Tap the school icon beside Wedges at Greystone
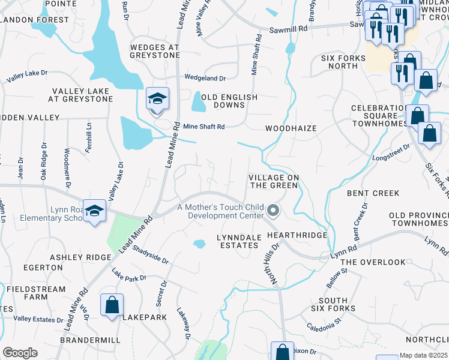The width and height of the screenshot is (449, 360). (157, 99)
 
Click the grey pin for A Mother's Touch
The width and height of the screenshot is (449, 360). (273, 211)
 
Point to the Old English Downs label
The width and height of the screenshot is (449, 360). (229, 101)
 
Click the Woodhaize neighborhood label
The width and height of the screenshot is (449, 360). (291, 128)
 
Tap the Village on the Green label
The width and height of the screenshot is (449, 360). (273, 181)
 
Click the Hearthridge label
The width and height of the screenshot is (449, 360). (297, 235)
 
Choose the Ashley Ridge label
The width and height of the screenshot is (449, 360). (80, 257)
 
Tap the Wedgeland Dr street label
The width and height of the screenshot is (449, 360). (205, 78)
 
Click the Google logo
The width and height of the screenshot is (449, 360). (20, 353)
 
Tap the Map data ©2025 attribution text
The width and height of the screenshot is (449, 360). (424, 355)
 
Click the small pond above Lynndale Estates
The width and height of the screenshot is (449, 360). (199, 244)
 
